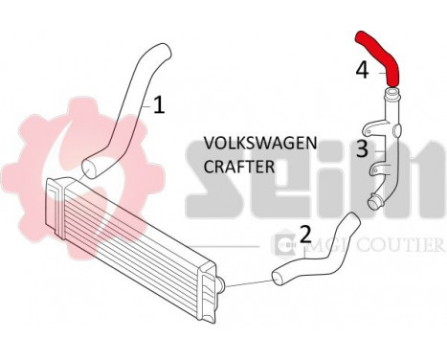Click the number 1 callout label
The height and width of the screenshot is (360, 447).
159,104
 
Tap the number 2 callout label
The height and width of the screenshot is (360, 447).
305,233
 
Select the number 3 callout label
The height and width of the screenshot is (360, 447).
362,148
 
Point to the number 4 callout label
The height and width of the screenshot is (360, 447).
362,69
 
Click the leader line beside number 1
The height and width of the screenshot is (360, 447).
145,101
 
